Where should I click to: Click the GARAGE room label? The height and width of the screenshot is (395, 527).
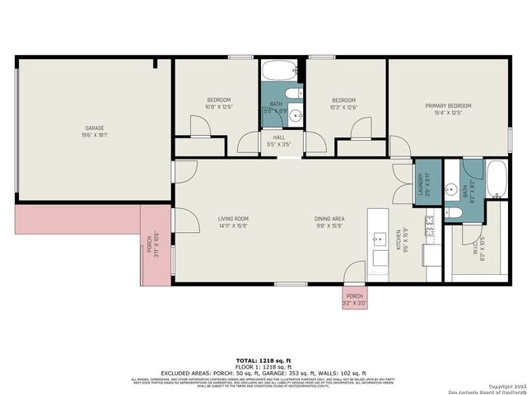coord(95,128)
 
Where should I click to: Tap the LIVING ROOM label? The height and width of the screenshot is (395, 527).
coord(233,219)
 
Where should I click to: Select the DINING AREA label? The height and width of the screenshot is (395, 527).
coord(329,219)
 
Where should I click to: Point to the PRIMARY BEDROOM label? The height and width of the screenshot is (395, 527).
coord(448,106)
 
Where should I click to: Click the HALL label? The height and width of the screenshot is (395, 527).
coord(279,137)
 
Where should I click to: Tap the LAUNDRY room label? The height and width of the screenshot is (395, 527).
coord(421,183)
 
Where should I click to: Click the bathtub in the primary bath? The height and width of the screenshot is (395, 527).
coord(497,179)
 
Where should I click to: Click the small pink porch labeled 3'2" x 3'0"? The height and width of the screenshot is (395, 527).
coord(355,299)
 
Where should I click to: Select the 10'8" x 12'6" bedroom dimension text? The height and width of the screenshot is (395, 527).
coord(219,107)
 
